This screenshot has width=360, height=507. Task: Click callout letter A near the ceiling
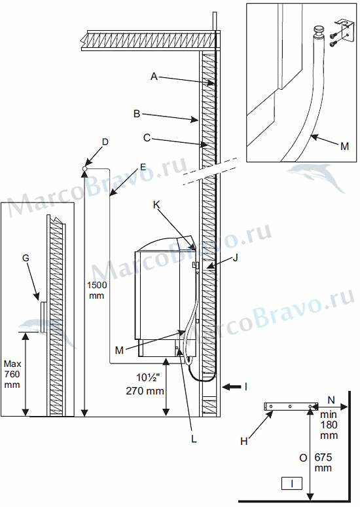point(154,76)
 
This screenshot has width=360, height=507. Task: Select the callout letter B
point(137,114)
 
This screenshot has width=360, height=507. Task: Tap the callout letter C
point(147,138)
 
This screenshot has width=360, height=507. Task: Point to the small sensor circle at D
point(84,168)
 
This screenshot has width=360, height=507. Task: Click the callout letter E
point(143,167)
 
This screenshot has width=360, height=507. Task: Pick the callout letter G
point(26,257)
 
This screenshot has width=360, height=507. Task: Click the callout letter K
point(156,204)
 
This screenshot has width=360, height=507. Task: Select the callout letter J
point(235,257)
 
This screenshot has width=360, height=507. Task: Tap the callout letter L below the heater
point(194,439)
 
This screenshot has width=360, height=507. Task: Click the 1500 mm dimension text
point(97,290)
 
